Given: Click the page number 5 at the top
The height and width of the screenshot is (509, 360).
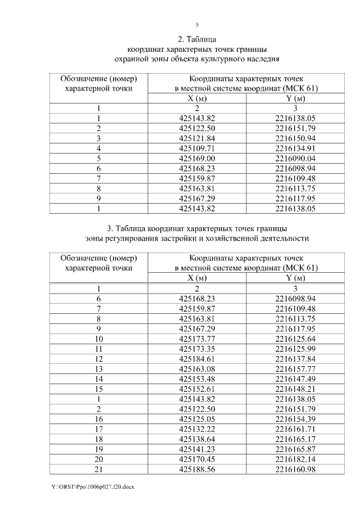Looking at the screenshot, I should (x=197, y=25).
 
